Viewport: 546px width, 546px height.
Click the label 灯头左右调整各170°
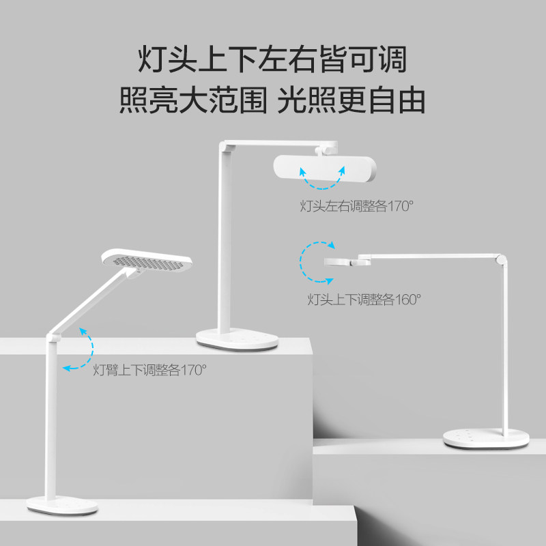coord(357,205)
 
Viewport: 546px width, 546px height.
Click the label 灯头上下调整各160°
coord(364,298)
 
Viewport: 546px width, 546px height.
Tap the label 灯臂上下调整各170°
coord(149,371)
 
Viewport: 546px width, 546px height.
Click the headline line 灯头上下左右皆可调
coord(272,59)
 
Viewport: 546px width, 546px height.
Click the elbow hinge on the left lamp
coord(53,336)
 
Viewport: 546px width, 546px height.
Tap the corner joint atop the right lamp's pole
coord(502,260)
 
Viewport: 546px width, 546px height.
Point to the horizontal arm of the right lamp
coord(430,256)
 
